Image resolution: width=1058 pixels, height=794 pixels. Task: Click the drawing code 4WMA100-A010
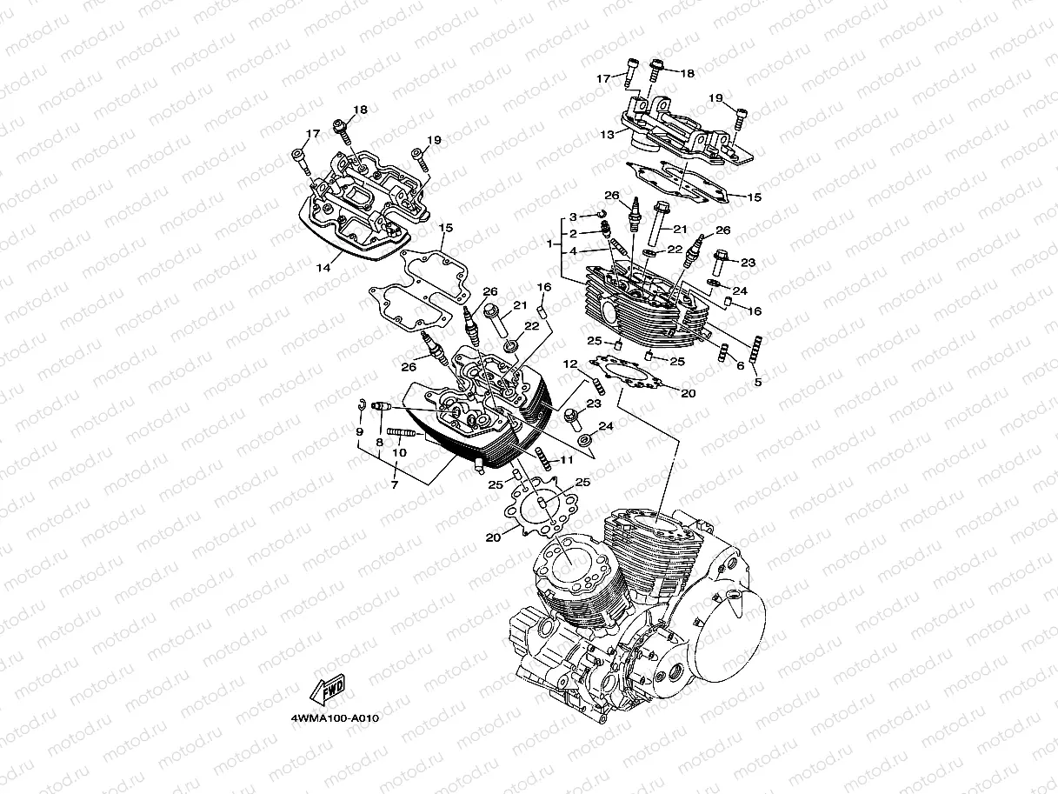pyautogui.click(x=335, y=718)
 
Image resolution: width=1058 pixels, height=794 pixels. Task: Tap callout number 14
pyautogui.click(x=323, y=268)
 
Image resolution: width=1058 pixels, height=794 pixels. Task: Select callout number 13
pyautogui.click(x=608, y=135)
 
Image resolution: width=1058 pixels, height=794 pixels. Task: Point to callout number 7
pyautogui.click(x=395, y=484)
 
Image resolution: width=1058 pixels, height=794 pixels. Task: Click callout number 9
pyautogui.click(x=360, y=431)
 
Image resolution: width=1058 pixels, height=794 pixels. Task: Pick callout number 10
pyautogui.click(x=399, y=452)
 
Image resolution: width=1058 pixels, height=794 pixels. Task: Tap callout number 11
pyautogui.click(x=566, y=460)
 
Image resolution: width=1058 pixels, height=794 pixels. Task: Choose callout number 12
pyautogui.click(x=570, y=364)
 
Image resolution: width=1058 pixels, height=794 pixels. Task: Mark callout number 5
pyautogui.click(x=758, y=383)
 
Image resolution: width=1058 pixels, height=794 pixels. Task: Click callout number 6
pyautogui.click(x=741, y=365)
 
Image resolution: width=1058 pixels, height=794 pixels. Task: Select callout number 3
pyautogui.click(x=573, y=217)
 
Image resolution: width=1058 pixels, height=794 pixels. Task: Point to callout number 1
pyautogui.click(x=549, y=244)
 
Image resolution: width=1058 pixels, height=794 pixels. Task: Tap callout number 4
pyautogui.click(x=573, y=251)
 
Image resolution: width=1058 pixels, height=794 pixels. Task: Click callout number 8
pyautogui.click(x=379, y=442)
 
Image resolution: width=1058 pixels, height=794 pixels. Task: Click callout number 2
pyautogui.click(x=573, y=234)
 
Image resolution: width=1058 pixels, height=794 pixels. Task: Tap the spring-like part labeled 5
pyautogui.click(x=757, y=349)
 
